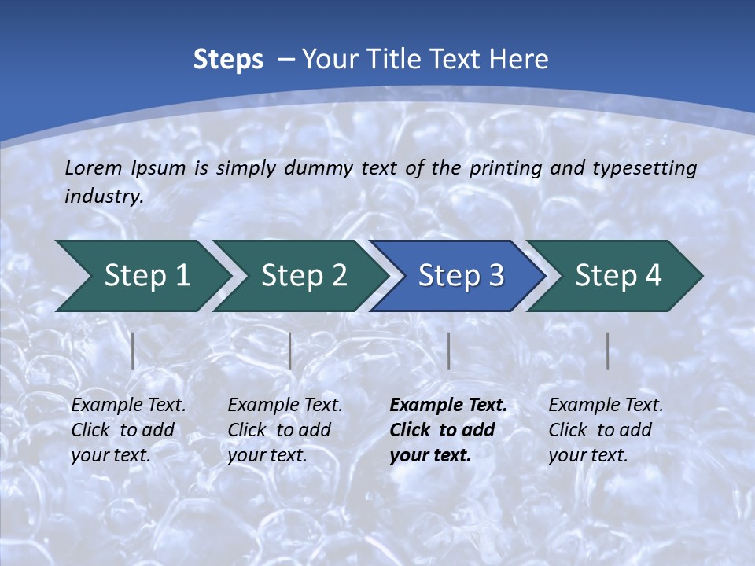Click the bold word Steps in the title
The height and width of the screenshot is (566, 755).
228,59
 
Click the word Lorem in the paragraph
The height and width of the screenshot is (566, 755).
94,167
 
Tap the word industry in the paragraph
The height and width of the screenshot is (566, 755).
103,196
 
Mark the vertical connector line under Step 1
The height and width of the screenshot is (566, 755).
133,351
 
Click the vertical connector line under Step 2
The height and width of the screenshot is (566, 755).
290,351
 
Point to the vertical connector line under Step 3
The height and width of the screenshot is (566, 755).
449,351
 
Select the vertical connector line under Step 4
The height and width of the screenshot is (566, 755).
608,351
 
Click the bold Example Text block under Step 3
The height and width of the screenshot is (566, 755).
448,430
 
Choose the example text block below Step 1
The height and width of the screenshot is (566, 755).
128,430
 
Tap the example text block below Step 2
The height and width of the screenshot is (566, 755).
285,430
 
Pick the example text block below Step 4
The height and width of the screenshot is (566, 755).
606,430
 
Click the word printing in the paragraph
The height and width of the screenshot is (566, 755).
506,167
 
